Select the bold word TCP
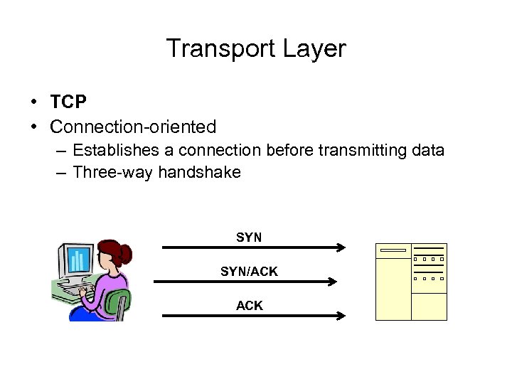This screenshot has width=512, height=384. click(68, 102)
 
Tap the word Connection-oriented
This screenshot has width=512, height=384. click(133, 127)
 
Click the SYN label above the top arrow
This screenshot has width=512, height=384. click(249, 238)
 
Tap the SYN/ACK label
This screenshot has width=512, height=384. click(249, 272)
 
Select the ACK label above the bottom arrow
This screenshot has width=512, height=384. click(249, 306)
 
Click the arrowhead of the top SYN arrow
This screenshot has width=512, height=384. click(341, 247)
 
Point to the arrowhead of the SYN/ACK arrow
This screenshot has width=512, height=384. click(331, 282)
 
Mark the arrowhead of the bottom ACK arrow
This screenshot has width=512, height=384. click(341, 316)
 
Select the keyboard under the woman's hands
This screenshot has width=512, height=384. click(71, 291)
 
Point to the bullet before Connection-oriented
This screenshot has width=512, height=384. click(34, 127)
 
